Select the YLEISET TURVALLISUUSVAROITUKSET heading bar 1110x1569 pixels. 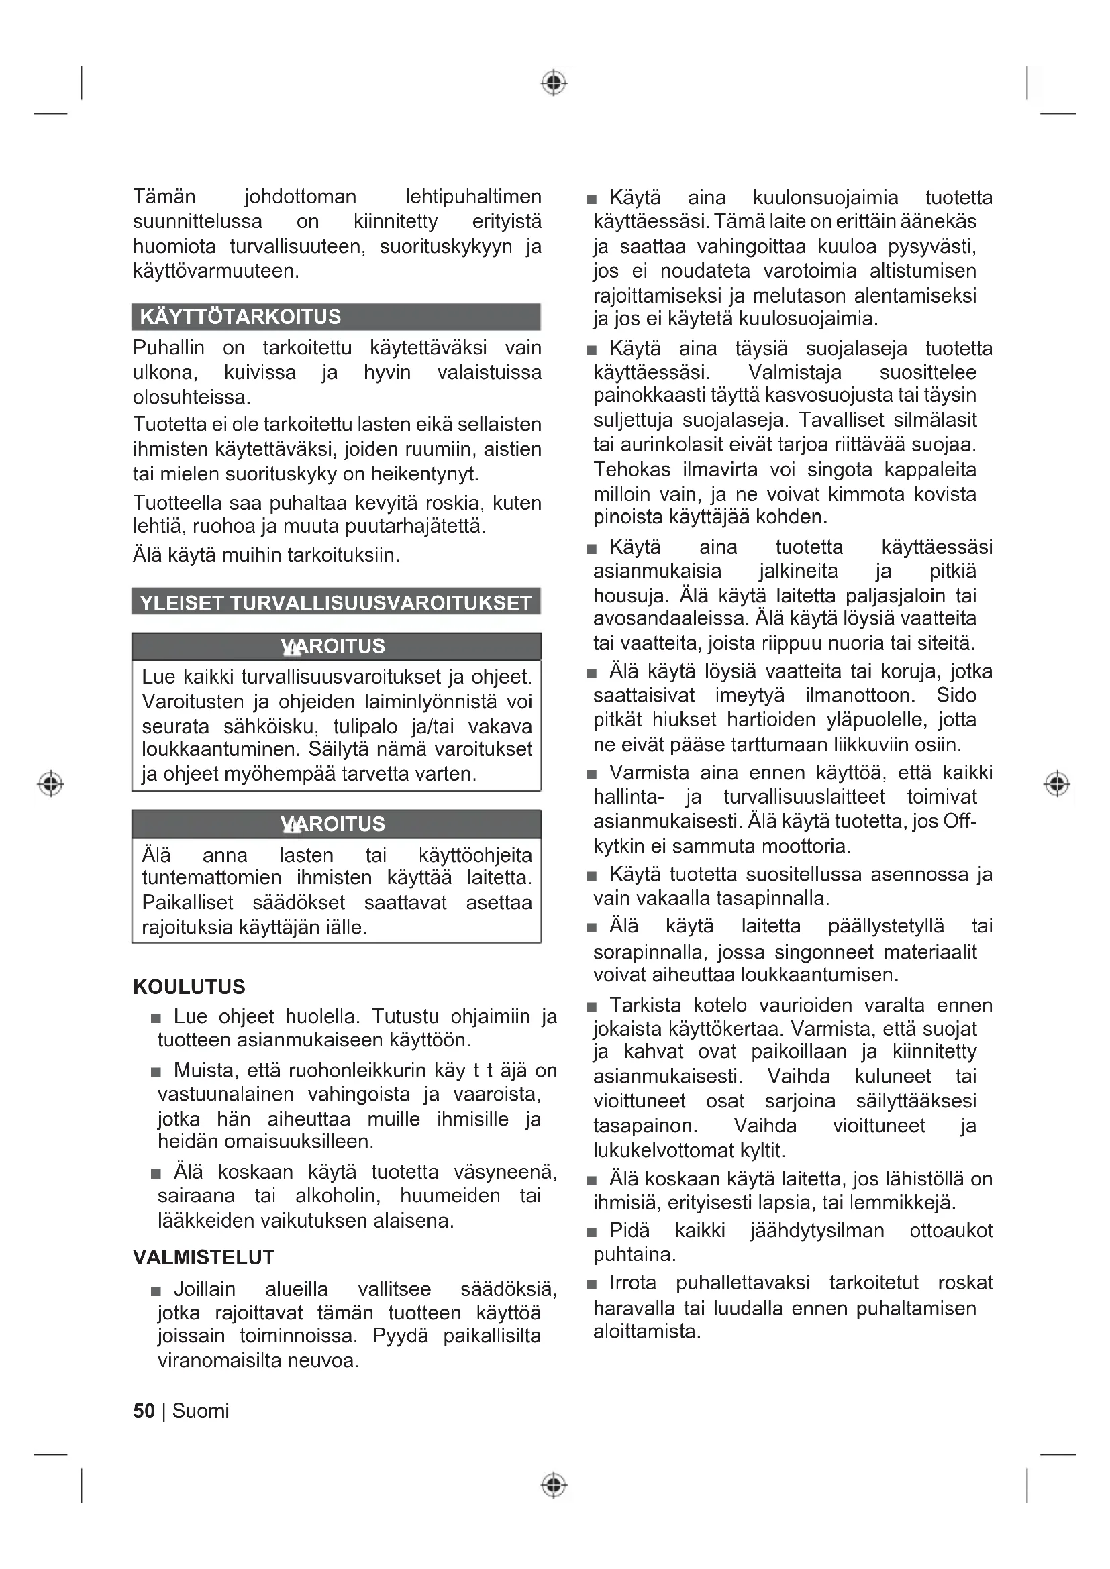click(335, 604)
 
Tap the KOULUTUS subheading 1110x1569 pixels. click(189, 987)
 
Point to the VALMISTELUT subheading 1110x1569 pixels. click(204, 1257)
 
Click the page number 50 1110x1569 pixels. click(144, 1411)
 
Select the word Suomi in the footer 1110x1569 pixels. click(200, 1411)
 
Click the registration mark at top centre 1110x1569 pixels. click(554, 83)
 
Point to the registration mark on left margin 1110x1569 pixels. click(50, 783)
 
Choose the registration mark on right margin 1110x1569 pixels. click(1057, 783)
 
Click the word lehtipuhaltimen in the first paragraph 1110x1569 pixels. click(473, 197)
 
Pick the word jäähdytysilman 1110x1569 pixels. click(817, 1230)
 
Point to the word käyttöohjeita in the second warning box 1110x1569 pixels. click(475, 855)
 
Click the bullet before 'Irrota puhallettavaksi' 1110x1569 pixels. click(591, 1285)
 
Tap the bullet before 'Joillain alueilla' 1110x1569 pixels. click(156, 1291)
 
